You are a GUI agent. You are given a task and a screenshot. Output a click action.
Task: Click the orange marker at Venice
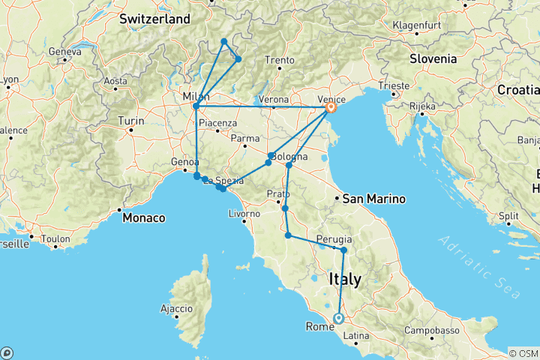[330, 109]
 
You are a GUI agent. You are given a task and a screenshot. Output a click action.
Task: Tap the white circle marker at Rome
[338, 318]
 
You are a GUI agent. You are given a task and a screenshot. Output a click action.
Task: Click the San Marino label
[373, 199]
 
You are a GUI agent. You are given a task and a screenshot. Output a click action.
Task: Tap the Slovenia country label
[433, 58]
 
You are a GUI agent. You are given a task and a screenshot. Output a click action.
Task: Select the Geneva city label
[64, 52]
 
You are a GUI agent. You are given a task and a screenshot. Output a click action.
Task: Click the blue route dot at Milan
[196, 106]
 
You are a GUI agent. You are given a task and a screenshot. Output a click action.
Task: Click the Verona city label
[274, 99]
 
